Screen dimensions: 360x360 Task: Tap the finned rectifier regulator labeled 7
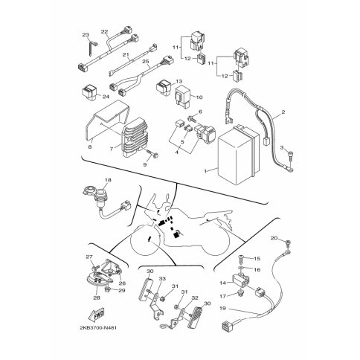pos(135,138)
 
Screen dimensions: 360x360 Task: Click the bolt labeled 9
pos(152,154)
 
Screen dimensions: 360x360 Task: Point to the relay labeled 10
pos(183,96)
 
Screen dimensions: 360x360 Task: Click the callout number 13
pos(179,81)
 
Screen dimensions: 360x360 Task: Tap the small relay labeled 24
pos(89,92)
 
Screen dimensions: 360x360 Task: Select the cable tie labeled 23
pos(91,48)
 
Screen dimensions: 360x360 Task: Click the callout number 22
pos(105,32)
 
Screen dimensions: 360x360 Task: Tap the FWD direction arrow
pos(96,315)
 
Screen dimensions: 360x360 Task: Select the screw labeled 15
pos(242,259)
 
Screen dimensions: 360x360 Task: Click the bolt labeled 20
pos(288,243)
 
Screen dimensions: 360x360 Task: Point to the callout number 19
pos(223,309)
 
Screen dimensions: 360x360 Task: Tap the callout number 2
pos(283,112)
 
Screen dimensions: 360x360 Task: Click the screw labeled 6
pos(192,118)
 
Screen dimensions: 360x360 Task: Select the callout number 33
pos(162,279)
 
